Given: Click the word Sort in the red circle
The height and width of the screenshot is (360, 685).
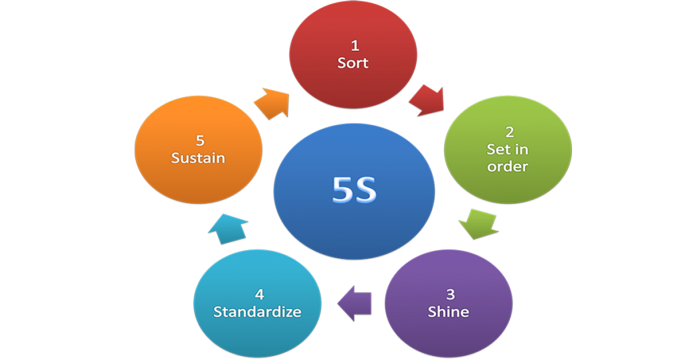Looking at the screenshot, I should pyautogui.click(x=353, y=64).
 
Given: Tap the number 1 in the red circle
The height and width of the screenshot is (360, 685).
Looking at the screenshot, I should pyautogui.click(x=354, y=46).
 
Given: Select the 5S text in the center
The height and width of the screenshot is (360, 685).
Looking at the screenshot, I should pyautogui.click(x=354, y=191).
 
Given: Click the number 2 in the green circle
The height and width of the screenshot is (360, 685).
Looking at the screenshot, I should pyautogui.click(x=508, y=133).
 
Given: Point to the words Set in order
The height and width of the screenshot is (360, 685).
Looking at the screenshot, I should pyautogui.click(x=508, y=158).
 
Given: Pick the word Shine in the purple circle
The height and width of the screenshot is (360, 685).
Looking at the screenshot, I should pyautogui.click(x=448, y=312).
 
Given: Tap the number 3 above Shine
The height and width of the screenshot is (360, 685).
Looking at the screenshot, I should pyautogui.click(x=449, y=294).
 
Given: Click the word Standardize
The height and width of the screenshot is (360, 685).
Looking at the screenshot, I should pyautogui.click(x=257, y=312).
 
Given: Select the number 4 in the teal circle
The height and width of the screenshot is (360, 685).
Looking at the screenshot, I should pyautogui.click(x=258, y=294).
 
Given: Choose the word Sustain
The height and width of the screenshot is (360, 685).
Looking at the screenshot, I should pyautogui.click(x=198, y=159).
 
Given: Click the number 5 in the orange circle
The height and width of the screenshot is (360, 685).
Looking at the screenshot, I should pyautogui.click(x=199, y=141).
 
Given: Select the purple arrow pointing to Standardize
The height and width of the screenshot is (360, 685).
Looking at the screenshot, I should pyautogui.click(x=355, y=302).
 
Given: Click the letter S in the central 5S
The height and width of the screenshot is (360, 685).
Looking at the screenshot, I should pyautogui.click(x=366, y=191).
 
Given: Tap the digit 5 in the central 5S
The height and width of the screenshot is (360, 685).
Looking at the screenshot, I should pyautogui.click(x=342, y=191).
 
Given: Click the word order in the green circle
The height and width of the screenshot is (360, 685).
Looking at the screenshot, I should pyautogui.click(x=508, y=167).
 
